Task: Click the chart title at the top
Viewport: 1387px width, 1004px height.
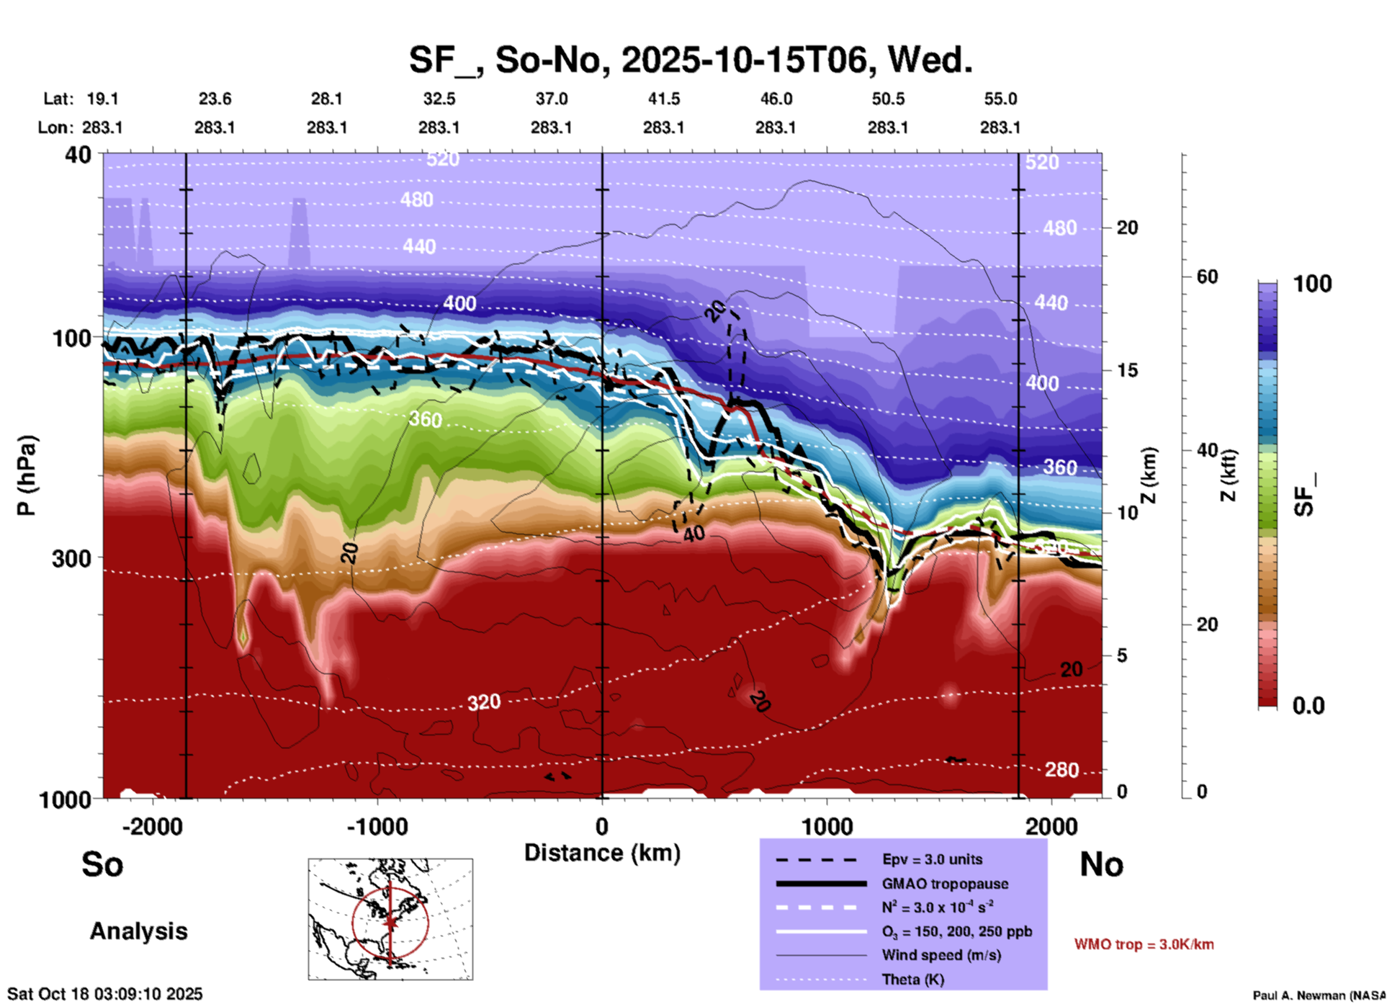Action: coord(691,60)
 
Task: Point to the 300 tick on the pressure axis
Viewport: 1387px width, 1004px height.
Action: coord(71,558)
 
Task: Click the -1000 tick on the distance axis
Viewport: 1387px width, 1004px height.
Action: coord(377,826)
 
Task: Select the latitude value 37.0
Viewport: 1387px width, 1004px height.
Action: coord(551,99)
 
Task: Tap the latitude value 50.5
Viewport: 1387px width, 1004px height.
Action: coord(888,99)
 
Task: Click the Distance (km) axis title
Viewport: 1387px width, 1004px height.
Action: coord(602,853)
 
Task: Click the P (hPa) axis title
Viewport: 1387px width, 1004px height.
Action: coord(27,475)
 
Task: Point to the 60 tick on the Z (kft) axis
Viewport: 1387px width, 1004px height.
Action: coord(1207,277)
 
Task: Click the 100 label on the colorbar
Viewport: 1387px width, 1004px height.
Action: coord(1312,284)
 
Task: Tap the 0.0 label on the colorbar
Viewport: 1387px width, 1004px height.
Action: coord(1309,706)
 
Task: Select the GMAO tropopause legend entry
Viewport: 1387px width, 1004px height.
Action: coord(945,884)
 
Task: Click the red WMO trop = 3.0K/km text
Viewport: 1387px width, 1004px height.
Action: coord(1144,944)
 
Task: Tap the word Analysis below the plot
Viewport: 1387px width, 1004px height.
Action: coord(138,931)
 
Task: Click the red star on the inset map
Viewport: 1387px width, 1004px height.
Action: coord(390,922)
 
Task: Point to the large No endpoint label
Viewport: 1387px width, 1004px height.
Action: coord(1101,864)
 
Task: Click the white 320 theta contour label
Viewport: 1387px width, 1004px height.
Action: coord(483,702)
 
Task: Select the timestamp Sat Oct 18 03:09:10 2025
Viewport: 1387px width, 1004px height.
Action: coord(105,994)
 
